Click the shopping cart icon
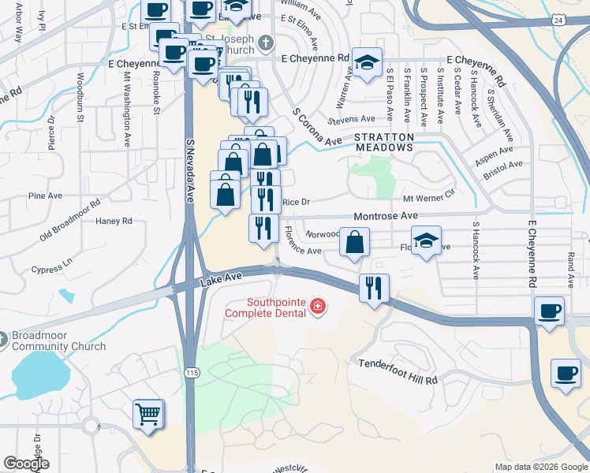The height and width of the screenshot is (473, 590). (148, 414)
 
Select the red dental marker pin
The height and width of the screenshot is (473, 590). (318, 307)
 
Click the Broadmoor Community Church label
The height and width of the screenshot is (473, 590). (59, 341)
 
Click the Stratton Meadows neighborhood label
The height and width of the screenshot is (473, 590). (384, 143)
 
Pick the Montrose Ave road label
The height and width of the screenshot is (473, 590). (385, 215)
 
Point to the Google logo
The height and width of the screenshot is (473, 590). (26, 464)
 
